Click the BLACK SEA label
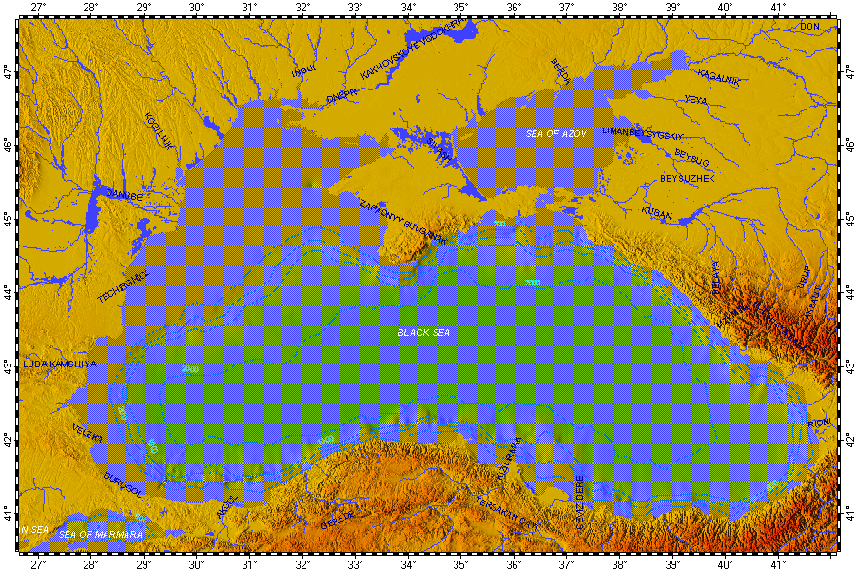coord(423,333)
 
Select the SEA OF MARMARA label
coord(101,535)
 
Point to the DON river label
coord(808,26)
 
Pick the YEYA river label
coord(696,99)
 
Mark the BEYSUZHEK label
coord(688,178)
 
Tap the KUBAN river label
coord(656,213)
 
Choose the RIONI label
coord(819,422)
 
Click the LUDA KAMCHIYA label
coord(60,364)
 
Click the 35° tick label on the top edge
coord(459,8)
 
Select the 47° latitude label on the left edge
coord(9,70)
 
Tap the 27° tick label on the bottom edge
coord(38,563)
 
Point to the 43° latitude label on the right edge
coord(846,365)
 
